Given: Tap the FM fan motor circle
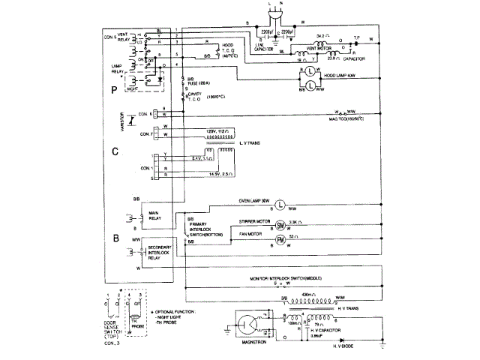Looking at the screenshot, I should click(x=283, y=239).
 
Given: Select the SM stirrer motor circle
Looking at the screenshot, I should click(x=283, y=224).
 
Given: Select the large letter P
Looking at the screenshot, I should click(x=115, y=90).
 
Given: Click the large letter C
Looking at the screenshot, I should click(x=115, y=151).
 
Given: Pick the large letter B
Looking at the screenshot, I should click(x=115, y=239).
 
